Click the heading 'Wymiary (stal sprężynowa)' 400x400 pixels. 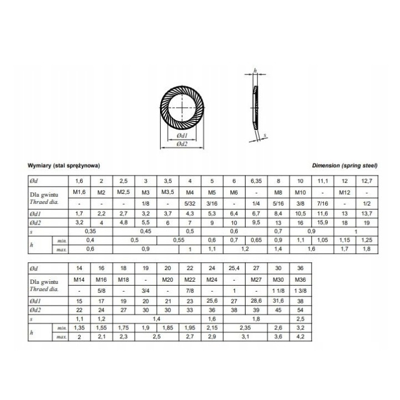(64, 166)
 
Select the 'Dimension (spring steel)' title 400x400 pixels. (344, 166)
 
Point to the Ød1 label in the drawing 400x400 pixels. (182, 136)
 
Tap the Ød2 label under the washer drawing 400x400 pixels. (182, 144)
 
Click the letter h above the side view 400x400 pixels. (255, 71)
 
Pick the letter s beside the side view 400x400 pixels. (265, 135)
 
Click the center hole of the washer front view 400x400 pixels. (182, 107)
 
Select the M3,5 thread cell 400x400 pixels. (168, 192)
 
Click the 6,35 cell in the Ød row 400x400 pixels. (256, 181)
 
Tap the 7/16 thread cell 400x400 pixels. (322, 203)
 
